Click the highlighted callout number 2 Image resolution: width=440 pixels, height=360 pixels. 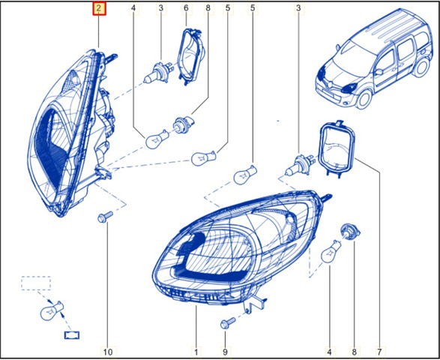click(x=99, y=9)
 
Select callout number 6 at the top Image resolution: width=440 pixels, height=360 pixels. click(x=186, y=8)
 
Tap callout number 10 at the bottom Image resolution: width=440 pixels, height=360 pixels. click(x=109, y=352)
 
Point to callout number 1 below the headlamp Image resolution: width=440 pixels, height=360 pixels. click(x=196, y=352)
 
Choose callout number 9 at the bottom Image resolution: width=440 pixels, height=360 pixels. click(x=225, y=352)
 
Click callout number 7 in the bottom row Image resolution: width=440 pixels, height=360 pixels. click(x=379, y=352)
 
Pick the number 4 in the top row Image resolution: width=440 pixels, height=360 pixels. click(x=133, y=8)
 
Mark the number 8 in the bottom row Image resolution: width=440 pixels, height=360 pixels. click(x=354, y=352)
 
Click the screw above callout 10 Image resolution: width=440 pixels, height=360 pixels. click(x=105, y=217)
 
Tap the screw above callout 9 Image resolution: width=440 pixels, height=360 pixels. click(x=228, y=322)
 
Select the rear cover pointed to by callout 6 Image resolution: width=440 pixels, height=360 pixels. click(x=191, y=55)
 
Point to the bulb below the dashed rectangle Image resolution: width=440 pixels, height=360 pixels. click(x=52, y=310)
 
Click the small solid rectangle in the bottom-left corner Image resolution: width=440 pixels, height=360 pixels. click(x=72, y=335)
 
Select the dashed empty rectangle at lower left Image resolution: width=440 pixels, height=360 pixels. click(x=36, y=283)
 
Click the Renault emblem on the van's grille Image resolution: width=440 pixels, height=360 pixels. click(x=331, y=82)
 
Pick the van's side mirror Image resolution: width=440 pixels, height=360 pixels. click(x=379, y=72)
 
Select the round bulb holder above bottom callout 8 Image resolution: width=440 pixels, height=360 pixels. click(x=349, y=230)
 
